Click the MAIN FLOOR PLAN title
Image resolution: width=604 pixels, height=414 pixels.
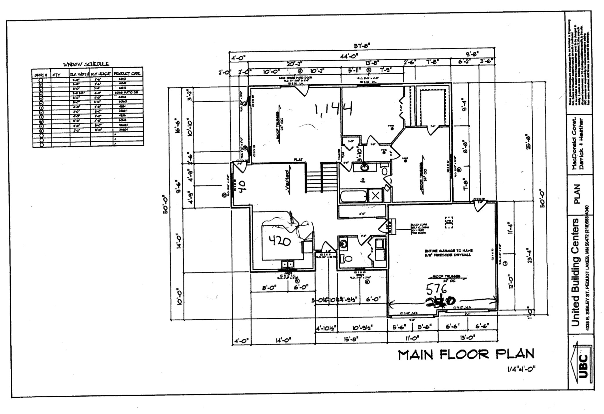pos(466,354)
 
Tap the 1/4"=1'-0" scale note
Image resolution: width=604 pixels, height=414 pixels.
pos(521,370)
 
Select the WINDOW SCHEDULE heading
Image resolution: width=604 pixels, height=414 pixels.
pos(86,64)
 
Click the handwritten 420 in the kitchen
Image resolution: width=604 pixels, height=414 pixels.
pos(280,241)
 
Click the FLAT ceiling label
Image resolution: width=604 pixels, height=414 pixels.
pos(298,160)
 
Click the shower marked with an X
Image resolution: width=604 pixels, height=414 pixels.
pos(375,196)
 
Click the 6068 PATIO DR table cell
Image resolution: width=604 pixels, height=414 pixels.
pos(128,92)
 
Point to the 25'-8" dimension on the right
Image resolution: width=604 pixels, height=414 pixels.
pos(528,142)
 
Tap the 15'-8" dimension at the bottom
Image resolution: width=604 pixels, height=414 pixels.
pos(351,339)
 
